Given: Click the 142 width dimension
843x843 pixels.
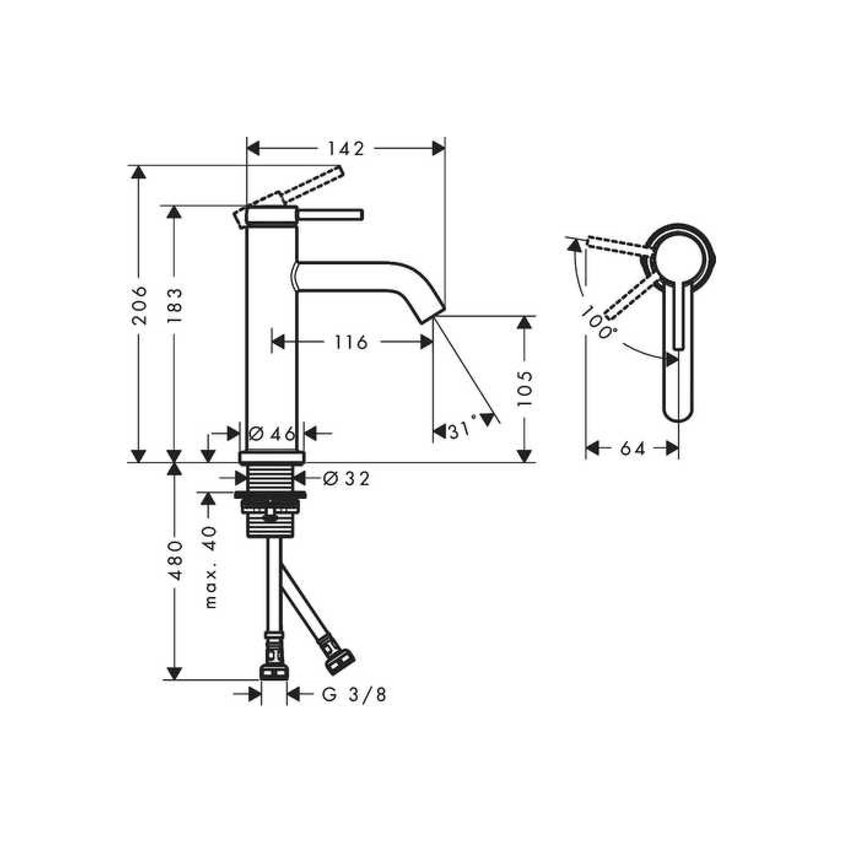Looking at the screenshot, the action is point(346,149).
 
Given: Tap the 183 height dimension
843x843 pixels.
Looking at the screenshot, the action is point(175,306).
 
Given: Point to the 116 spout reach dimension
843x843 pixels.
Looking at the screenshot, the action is point(351,343).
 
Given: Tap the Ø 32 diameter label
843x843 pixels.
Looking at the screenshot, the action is point(346,479).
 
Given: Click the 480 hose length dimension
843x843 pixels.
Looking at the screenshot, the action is point(175,561).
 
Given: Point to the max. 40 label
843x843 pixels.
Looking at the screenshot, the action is point(210,567).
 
